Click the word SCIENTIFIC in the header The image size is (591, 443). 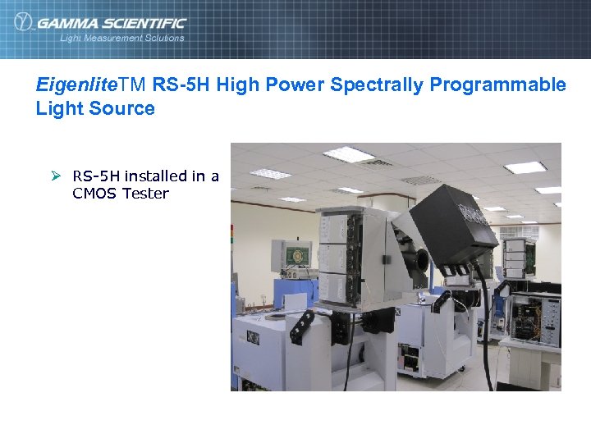coord(140,23)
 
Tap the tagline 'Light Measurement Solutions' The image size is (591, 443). coord(121,38)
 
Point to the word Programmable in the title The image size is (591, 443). coord(510,84)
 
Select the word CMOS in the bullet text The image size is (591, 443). coord(94,194)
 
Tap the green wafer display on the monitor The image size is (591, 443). coord(296,255)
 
